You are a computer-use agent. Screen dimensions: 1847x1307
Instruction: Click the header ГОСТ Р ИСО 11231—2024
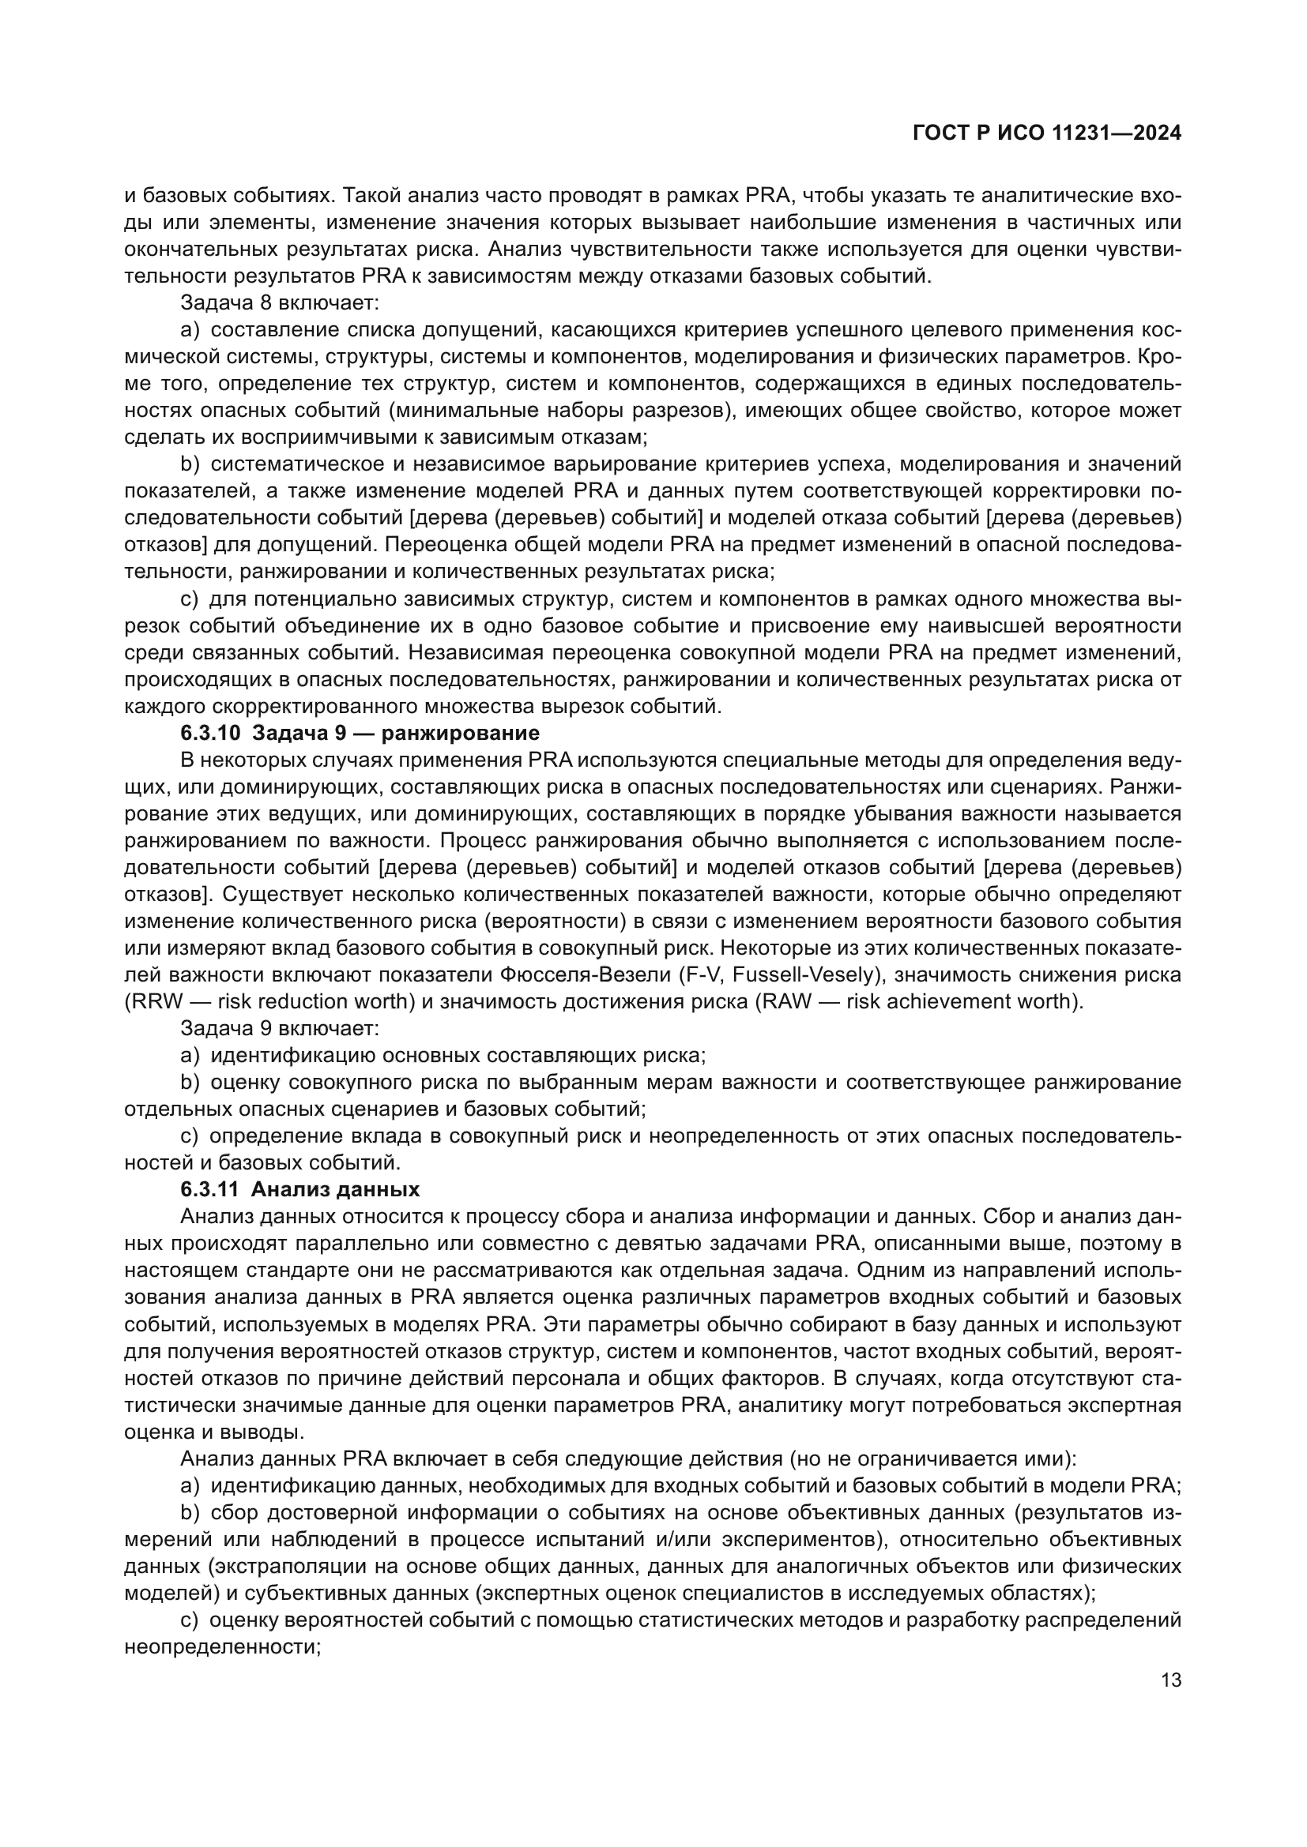point(1046,133)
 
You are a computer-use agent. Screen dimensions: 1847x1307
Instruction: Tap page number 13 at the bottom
point(1171,1680)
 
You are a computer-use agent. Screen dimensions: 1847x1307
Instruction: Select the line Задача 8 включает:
point(279,302)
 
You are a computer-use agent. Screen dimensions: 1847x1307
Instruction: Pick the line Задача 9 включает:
point(279,1028)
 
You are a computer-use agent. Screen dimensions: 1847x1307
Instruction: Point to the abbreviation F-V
point(699,974)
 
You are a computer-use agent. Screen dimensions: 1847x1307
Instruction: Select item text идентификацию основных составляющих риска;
point(458,1055)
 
